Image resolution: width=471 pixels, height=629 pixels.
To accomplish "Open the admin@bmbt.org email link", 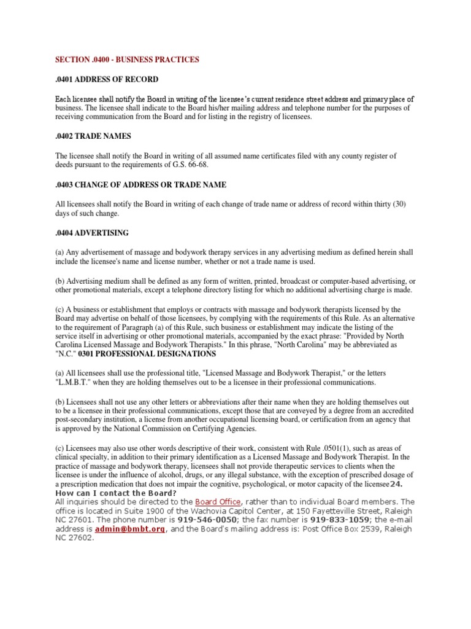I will [130, 528].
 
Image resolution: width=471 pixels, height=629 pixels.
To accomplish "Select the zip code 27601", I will [78, 520].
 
